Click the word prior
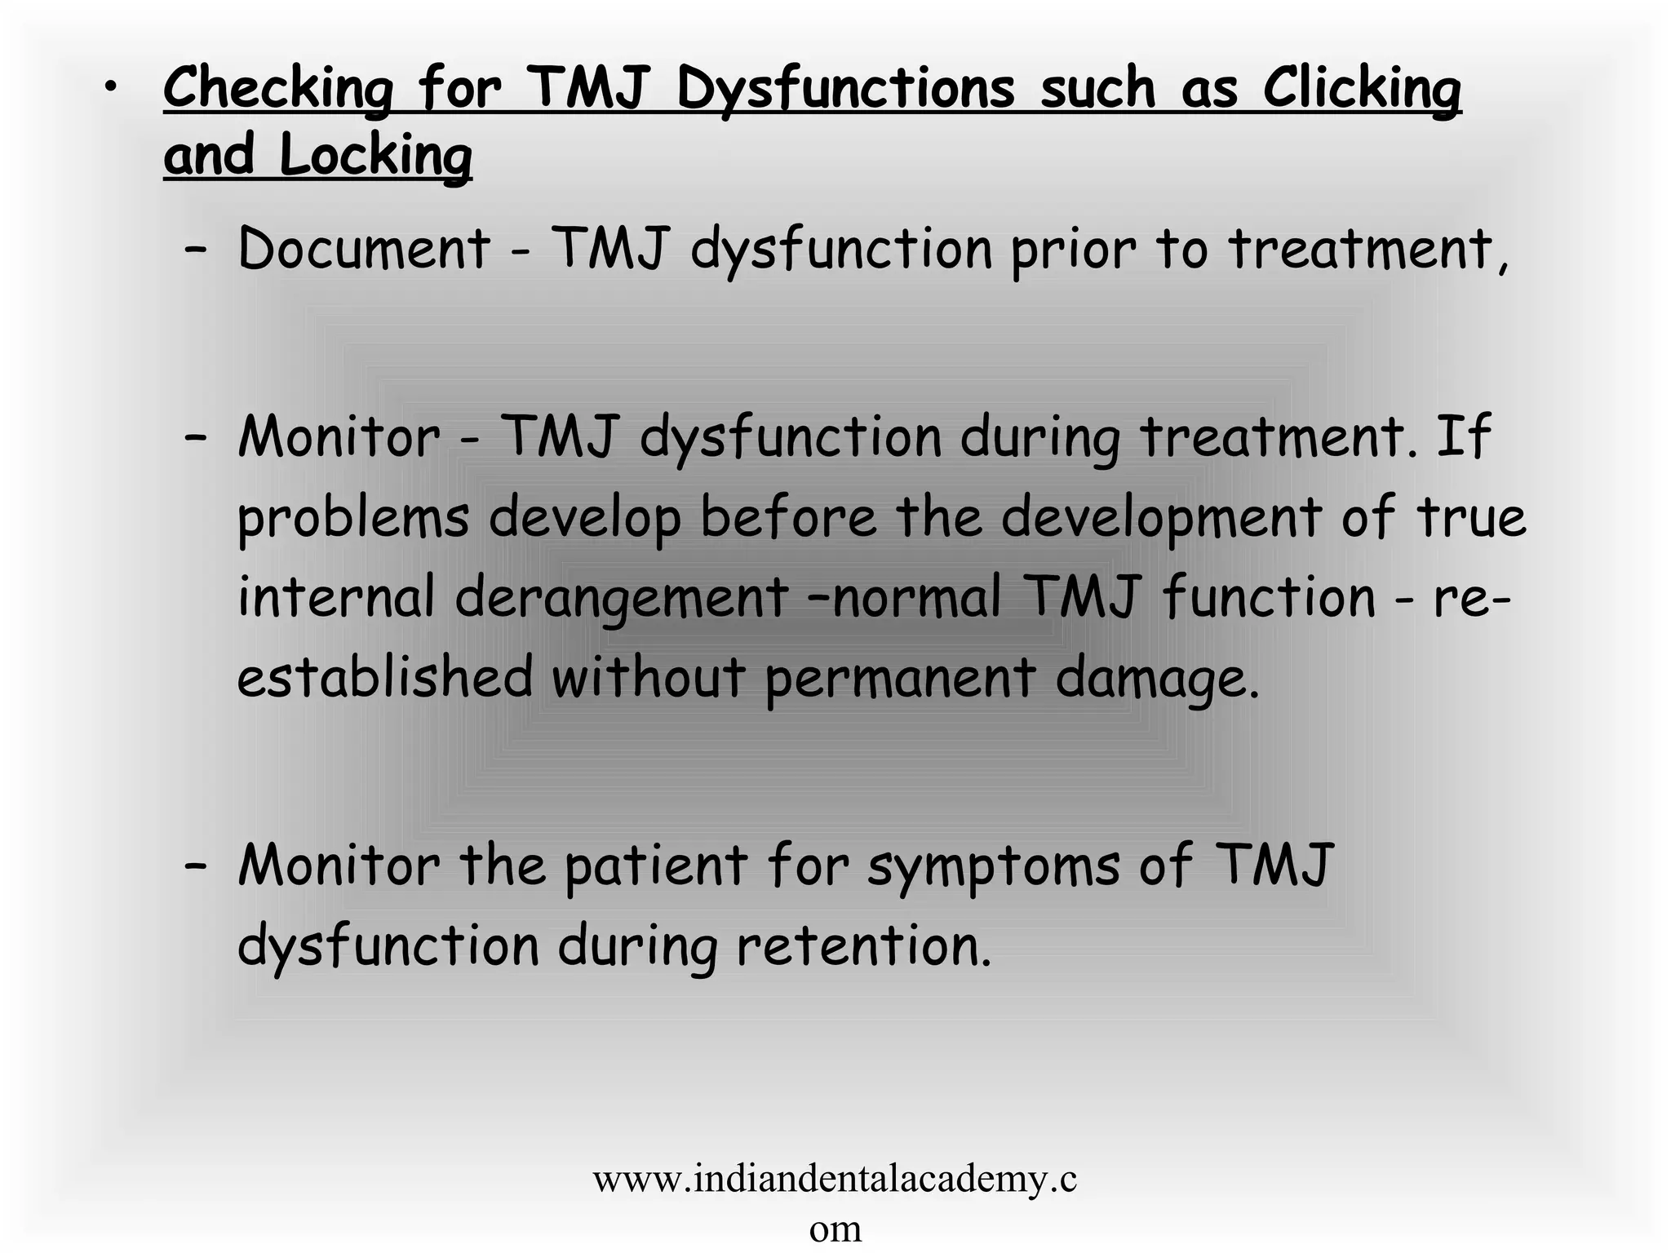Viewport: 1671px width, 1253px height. click(x=1073, y=250)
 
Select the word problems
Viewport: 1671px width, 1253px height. click(x=353, y=518)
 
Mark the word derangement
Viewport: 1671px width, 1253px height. click(x=621, y=598)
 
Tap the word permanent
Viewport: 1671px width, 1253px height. click(x=900, y=678)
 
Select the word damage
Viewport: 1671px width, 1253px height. click(x=1157, y=678)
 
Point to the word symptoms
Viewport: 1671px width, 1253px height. click(x=993, y=867)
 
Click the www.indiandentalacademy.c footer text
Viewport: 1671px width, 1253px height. click(x=835, y=1180)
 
